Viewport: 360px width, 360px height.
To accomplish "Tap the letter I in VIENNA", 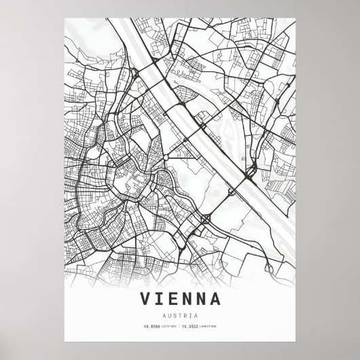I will (159, 298).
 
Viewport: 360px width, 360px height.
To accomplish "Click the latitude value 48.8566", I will (151, 327).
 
